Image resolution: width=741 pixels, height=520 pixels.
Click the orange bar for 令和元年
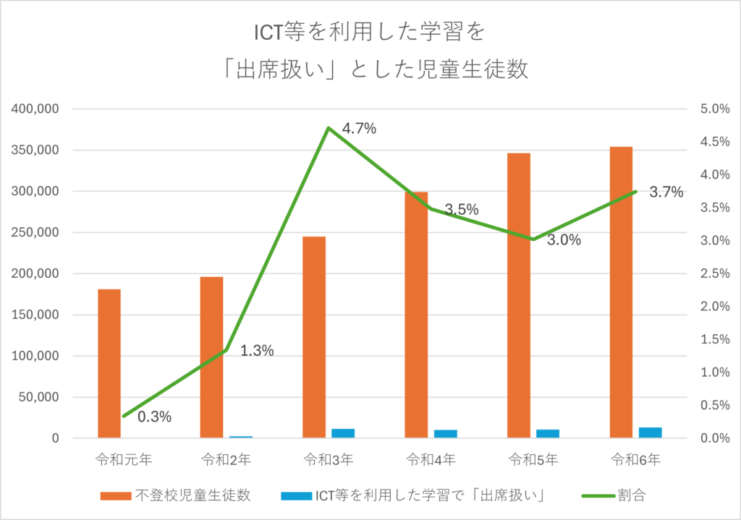click(109, 363)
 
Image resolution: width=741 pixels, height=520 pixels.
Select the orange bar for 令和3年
click(314, 337)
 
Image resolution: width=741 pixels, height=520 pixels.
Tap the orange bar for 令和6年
click(621, 292)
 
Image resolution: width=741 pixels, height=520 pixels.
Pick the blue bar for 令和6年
click(651, 432)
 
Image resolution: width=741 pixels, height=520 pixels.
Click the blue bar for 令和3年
click(343, 433)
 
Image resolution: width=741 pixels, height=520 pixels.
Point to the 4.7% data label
click(359, 129)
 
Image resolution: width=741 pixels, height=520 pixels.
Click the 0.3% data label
click(154, 417)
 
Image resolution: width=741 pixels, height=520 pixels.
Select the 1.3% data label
click(257, 351)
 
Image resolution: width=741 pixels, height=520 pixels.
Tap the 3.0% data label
click(564, 240)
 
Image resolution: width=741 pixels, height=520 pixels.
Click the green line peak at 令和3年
click(329, 128)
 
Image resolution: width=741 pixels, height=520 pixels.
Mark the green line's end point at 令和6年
click(635, 191)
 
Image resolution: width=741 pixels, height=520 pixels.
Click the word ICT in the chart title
click(268, 34)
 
